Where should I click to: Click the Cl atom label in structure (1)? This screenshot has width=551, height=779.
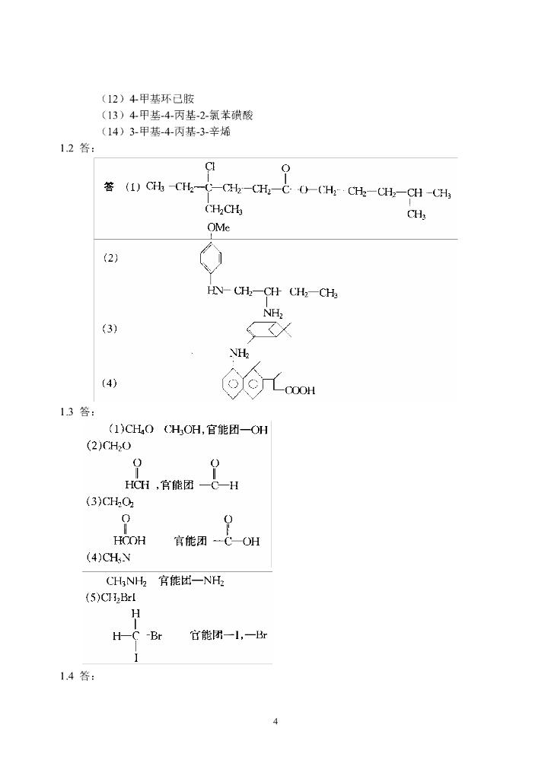pos(210,166)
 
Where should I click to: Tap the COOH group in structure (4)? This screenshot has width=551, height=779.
pos(300,391)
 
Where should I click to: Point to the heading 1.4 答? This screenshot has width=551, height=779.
pos(77,676)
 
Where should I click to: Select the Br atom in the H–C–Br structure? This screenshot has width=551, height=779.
pos(155,636)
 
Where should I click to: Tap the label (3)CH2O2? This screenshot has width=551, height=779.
pos(110,502)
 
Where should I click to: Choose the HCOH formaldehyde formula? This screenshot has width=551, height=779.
pos(137,485)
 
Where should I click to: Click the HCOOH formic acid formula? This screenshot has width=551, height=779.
pos(129,542)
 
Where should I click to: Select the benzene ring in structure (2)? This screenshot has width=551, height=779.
pos(214,262)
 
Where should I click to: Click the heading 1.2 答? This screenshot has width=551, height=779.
pos(77,148)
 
